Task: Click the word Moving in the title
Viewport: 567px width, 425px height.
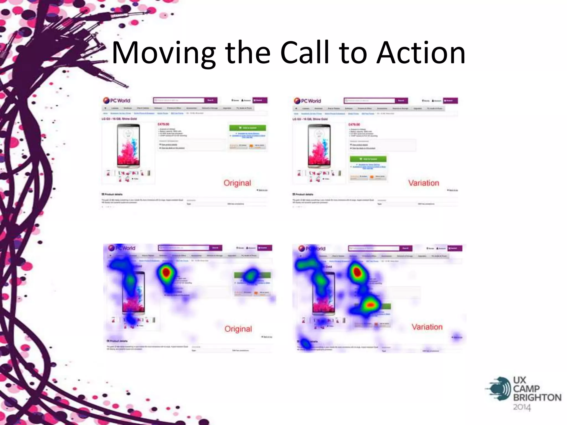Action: click(x=163, y=53)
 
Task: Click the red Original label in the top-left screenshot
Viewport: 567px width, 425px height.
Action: click(x=237, y=183)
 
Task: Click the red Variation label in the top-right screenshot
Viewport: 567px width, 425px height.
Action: click(x=424, y=183)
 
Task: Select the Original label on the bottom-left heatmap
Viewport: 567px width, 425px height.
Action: click(x=238, y=329)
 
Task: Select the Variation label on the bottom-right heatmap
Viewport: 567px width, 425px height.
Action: click(x=427, y=327)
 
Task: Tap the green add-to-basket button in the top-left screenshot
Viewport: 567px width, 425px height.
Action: click(x=248, y=128)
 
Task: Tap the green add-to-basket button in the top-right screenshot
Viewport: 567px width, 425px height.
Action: click(x=368, y=159)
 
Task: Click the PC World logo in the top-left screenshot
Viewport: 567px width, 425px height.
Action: click(x=117, y=100)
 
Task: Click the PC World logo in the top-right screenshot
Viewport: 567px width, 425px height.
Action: click(x=307, y=101)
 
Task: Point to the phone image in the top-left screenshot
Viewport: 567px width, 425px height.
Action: click(x=128, y=146)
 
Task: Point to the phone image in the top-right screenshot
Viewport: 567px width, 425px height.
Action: click(x=319, y=146)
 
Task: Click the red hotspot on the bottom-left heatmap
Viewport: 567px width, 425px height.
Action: click(x=166, y=272)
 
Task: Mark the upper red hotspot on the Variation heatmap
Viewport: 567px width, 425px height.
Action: click(x=357, y=272)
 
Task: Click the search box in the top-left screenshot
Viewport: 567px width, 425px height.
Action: click(x=179, y=100)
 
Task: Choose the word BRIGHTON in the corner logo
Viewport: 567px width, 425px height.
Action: click(x=537, y=397)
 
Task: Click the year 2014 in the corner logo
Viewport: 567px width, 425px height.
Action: click(x=522, y=407)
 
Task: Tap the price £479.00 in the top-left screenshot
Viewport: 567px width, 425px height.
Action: click(x=163, y=124)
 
